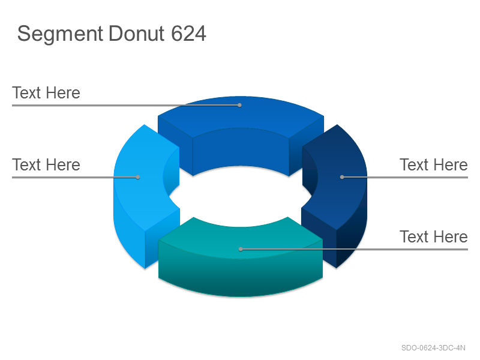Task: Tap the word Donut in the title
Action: [137, 34]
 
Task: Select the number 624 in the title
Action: [188, 34]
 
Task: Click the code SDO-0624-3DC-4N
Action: [433, 348]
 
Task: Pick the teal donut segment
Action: [241, 266]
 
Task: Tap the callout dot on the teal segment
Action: [241, 249]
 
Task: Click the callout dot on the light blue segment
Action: [138, 177]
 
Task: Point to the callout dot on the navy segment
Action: [342, 177]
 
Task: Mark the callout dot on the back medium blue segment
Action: [239, 106]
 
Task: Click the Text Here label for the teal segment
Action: [433, 236]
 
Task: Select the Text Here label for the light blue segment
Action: [46, 164]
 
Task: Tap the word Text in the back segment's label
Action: [26, 93]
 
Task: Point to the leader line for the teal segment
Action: [354, 249]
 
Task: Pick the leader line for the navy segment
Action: [405, 177]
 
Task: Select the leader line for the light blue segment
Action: [75, 177]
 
